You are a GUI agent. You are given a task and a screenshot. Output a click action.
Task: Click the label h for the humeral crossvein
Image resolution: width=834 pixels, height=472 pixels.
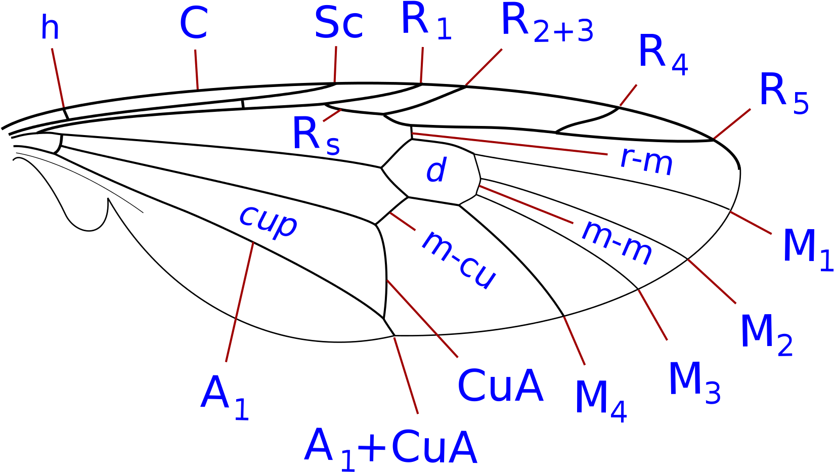click(x=50, y=27)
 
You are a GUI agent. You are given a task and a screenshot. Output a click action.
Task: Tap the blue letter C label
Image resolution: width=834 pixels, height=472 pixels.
click(x=193, y=24)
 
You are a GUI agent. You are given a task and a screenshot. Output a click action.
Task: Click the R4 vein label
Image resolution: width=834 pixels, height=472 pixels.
click(x=663, y=55)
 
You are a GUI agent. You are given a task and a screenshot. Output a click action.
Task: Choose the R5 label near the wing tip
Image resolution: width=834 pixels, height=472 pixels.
click(x=784, y=93)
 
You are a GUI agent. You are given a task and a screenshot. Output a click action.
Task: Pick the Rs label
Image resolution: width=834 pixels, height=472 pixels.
click(x=316, y=136)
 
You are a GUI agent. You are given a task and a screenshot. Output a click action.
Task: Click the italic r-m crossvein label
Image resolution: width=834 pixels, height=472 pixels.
click(x=646, y=163)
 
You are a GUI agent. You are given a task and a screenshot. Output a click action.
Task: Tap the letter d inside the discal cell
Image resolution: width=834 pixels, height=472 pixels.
click(x=436, y=169)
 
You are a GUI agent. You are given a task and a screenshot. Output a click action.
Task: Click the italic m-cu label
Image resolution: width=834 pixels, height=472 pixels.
click(x=459, y=260)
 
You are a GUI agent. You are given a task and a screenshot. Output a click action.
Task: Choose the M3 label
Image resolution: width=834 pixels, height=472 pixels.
click(x=695, y=382)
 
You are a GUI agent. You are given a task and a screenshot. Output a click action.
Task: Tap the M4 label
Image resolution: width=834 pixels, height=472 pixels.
click(x=601, y=401)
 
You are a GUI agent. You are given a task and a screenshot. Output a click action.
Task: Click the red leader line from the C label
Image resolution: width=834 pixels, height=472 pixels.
click(x=197, y=70)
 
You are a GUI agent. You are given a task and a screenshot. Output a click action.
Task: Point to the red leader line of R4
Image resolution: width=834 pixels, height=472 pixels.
click(x=628, y=96)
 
